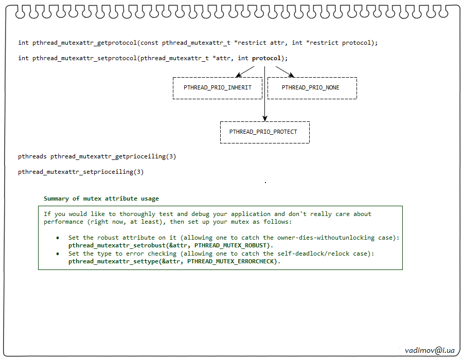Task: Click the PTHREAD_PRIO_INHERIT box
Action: [218, 88]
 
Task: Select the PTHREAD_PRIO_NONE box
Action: [312, 88]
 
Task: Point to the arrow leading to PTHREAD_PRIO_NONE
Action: [283, 71]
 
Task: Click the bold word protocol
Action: [266, 58]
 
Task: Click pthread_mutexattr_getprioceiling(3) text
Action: [113, 156]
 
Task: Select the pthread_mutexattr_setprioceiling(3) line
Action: [81, 172]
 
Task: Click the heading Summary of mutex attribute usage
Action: [101, 199]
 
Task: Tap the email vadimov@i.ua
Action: [430, 350]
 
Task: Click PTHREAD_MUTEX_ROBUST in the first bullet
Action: [231, 246]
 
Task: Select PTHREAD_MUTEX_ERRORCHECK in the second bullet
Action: [233, 262]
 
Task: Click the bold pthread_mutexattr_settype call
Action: [111, 262]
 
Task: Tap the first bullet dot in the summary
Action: [58, 238]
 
